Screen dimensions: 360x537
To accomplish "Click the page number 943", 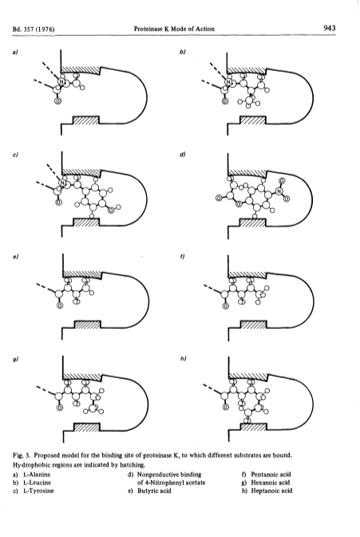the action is (x=329, y=28).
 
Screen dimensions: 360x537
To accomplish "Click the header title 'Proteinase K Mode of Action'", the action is (x=174, y=29).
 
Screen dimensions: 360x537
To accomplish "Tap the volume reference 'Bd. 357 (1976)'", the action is (x=34, y=29).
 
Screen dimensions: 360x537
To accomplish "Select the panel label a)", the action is (x=14, y=52).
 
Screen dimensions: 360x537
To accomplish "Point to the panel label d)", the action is (x=182, y=155).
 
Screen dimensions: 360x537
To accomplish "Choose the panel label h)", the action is (x=183, y=358).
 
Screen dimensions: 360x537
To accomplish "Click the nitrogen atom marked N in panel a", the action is (x=61, y=81).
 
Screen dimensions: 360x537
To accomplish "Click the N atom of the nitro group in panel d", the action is (x=279, y=191).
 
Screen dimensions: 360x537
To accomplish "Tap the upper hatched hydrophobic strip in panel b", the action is (x=247, y=70).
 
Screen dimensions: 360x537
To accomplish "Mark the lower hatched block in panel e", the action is (x=87, y=325).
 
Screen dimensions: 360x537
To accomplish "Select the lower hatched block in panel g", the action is (x=87, y=428).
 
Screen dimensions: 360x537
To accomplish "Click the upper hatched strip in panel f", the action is (x=247, y=274).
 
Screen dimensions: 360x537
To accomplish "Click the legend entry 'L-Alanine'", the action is (x=37, y=475).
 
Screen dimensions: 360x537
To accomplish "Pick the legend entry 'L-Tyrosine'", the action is (x=38, y=491).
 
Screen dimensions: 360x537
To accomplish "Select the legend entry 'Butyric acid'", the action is (x=154, y=491).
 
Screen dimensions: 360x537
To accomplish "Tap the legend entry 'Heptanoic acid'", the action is (x=271, y=491).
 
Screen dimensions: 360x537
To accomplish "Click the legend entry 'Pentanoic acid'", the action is (x=271, y=475).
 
